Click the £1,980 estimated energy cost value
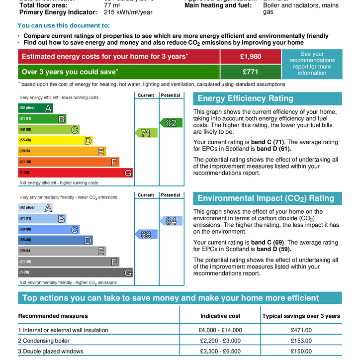coord(250,57)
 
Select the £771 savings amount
coord(250,72)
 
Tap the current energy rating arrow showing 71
coord(146,133)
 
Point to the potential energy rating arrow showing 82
coord(171,123)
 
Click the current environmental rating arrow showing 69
coord(146,234)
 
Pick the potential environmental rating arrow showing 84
coord(171,221)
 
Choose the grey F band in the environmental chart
coord(69,262)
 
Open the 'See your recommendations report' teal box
coord(312,64)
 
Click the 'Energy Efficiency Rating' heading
coord(246,98)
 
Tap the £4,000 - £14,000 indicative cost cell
coord(220,330)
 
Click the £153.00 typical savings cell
coord(301,341)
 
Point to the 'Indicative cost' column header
coord(220,316)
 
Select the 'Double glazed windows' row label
coord(53,352)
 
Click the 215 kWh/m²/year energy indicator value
coord(128,12)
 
